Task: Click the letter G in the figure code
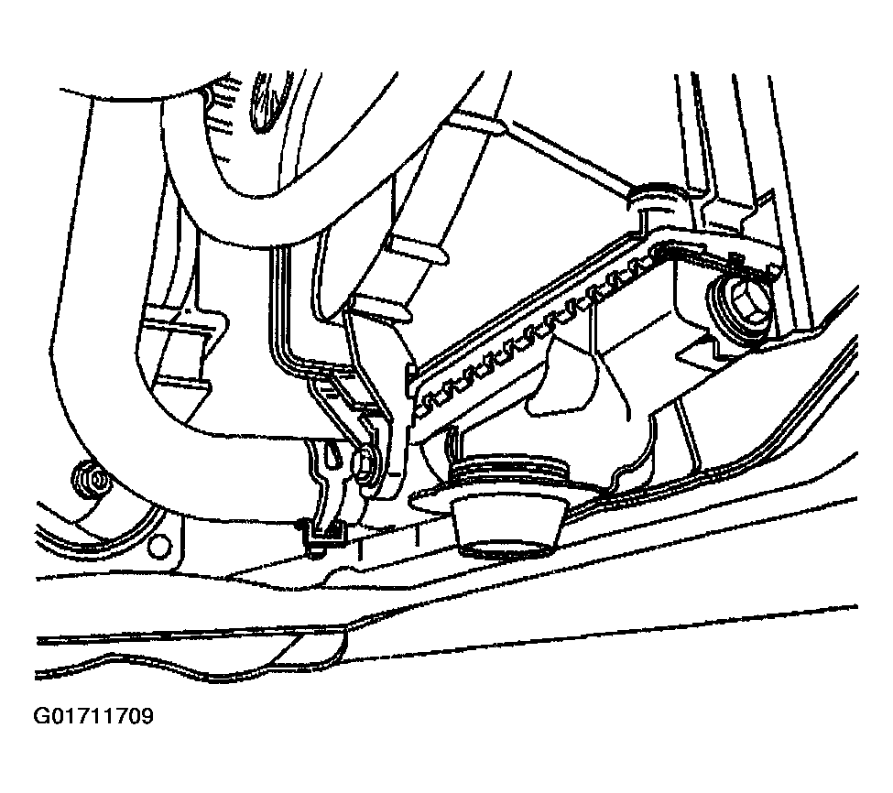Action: pos(42,715)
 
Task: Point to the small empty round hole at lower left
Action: pos(158,546)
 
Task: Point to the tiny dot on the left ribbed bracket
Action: pos(186,311)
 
